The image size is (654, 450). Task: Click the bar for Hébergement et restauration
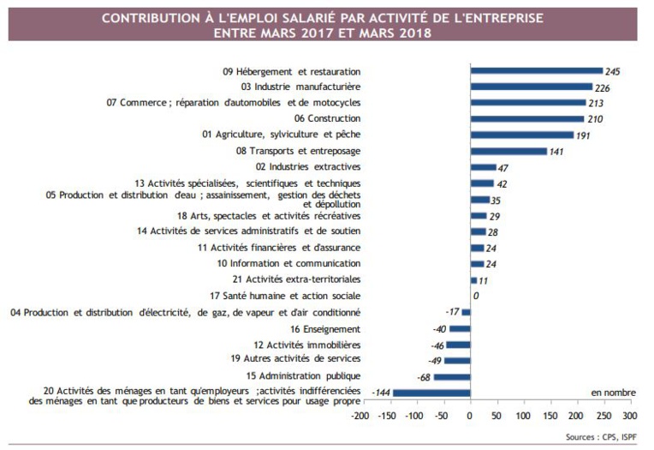click(x=536, y=71)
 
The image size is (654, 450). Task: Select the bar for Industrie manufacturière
click(x=531, y=87)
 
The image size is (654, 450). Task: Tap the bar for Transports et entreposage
click(x=508, y=152)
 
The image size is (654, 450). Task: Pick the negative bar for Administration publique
click(x=451, y=377)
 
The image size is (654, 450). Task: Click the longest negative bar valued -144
click(x=431, y=393)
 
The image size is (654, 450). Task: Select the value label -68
click(x=422, y=377)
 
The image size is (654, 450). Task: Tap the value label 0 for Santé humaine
click(x=475, y=297)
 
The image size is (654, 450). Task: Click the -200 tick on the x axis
click(x=360, y=416)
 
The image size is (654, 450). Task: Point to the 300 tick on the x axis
click(x=628, y=416)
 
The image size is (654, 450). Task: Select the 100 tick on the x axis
click(x=522, y=416)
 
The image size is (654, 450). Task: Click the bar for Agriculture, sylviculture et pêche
click(x=521, y=135)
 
